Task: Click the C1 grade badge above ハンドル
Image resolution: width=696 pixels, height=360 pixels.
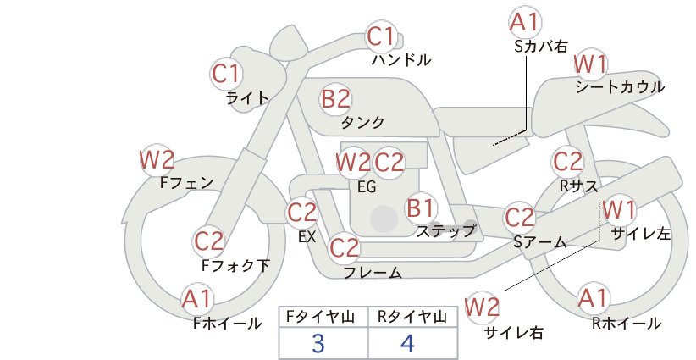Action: point(381,36)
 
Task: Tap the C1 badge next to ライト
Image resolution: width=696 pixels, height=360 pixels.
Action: point(226,74)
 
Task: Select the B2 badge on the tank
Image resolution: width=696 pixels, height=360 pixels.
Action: point(335,98)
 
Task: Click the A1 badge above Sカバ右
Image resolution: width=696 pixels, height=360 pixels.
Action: point(525,22)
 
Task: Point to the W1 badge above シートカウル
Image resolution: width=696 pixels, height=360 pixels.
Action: point(591,64)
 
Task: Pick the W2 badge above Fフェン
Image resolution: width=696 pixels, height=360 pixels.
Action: point(157,159)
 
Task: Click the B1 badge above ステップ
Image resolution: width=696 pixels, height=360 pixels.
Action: point(421,208)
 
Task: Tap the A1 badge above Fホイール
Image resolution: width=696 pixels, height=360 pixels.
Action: point(196,299)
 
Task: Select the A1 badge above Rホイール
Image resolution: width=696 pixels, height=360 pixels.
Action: point(593,298)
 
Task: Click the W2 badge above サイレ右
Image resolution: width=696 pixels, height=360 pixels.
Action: point(482,307)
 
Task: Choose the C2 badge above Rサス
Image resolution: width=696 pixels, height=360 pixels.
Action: point(567,162)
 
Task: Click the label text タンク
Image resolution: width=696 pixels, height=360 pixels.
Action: point(362,122)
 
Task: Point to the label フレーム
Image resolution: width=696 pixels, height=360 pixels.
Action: point(373,272)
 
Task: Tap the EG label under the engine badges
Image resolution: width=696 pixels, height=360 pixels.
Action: point(367,187)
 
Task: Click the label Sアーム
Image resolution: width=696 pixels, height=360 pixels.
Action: point(540,242)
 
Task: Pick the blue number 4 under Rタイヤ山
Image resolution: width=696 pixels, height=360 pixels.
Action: point(407,343)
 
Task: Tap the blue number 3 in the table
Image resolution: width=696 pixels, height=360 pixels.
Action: point(318,343)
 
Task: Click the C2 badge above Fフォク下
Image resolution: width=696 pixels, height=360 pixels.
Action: point(209,241)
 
